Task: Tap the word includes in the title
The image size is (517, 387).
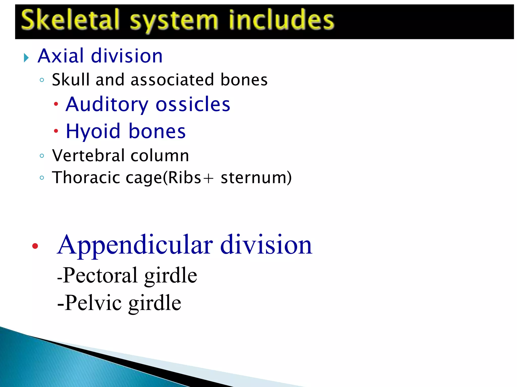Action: [x=281, y=20]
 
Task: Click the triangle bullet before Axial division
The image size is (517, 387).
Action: [x=26, y=58]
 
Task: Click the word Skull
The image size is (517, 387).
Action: [x=70, y=80]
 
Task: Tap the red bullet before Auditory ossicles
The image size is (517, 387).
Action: [x=56, y=104]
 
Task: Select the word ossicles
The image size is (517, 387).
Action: [x=193, y=104]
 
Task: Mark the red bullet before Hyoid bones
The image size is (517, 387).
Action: [x=56, y=131]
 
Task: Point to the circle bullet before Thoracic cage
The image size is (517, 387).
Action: [x=42, y=178]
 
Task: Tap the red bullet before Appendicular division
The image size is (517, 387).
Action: [x=35, y=246]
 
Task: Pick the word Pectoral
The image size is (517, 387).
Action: [x=100, y=275]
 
